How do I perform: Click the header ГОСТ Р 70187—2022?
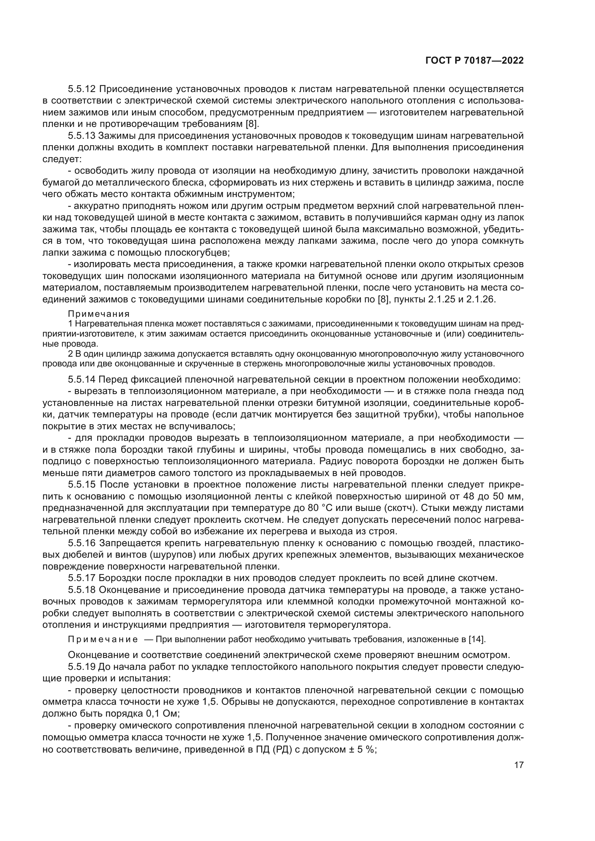(474, 61)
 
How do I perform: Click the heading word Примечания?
(99, 314)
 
